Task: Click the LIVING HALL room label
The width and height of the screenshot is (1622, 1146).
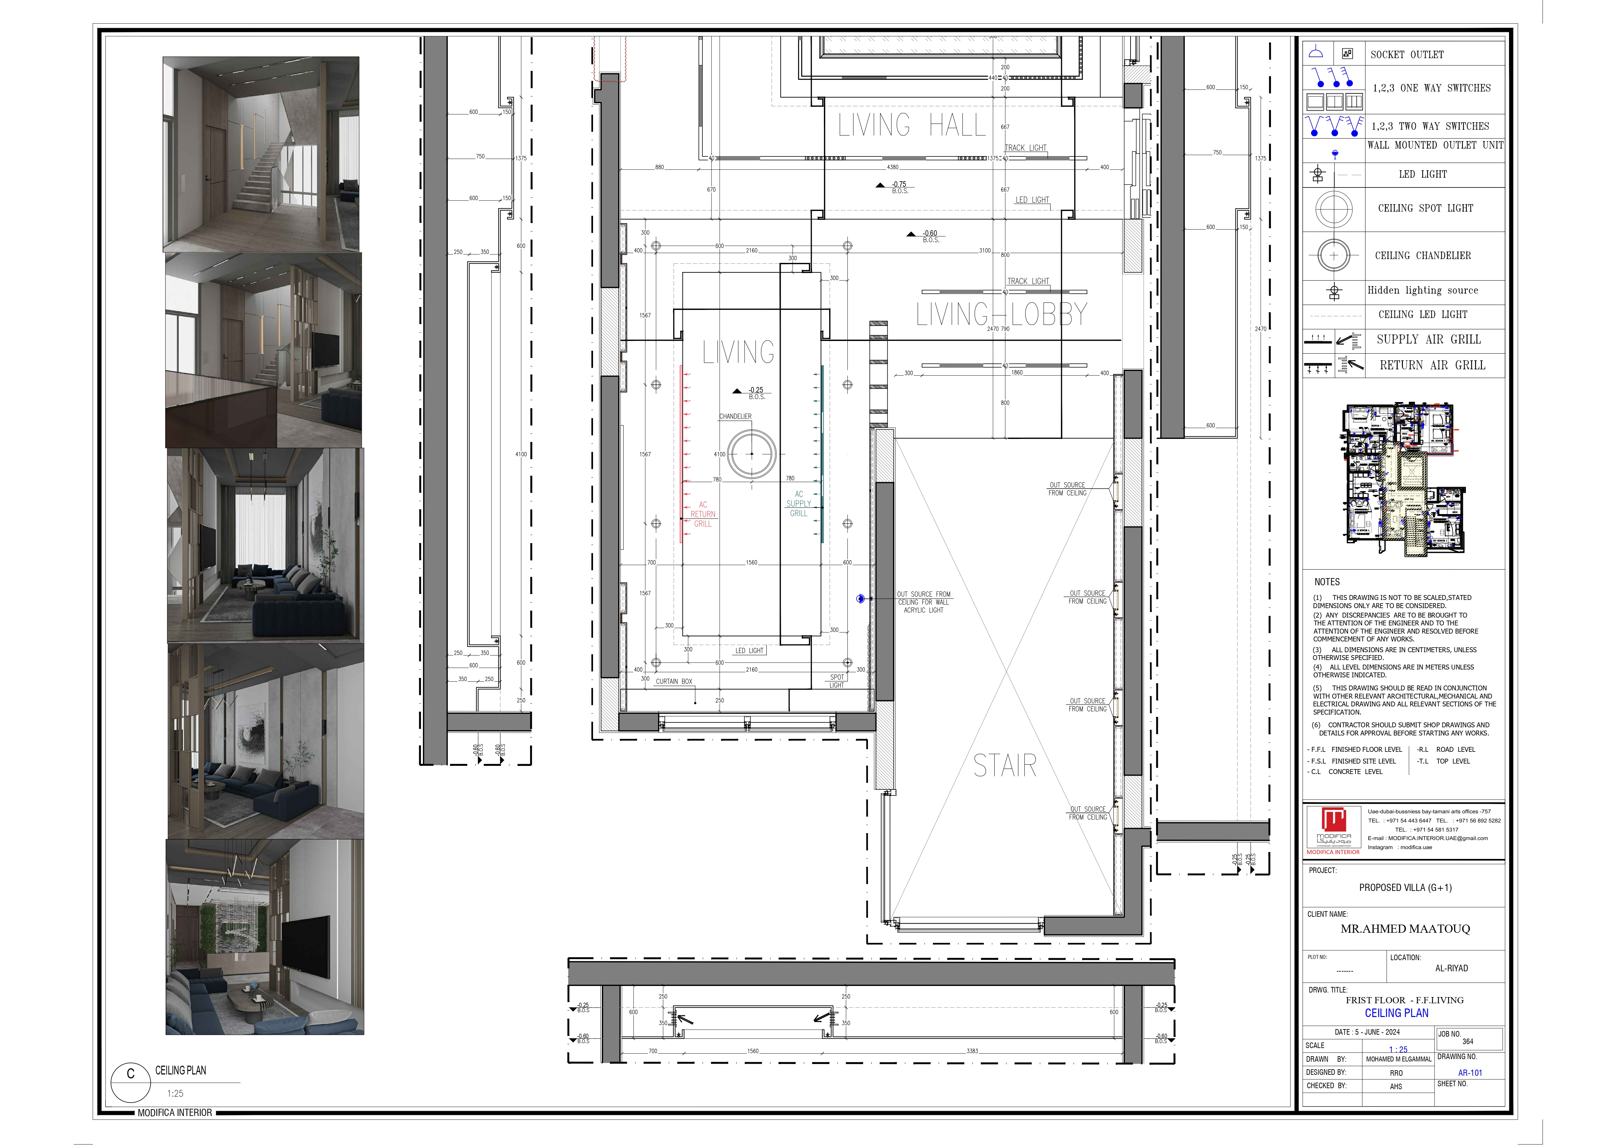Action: pyautogui.click(x=911, y=125)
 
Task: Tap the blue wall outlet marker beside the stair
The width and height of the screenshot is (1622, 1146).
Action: pyautogui.click(x=860, y=598)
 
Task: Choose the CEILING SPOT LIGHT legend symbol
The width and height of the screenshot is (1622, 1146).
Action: pyautogui.click(x=1334, y=209)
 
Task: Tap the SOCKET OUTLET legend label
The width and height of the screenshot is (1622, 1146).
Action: pyautogui.click(x=1406, y=55)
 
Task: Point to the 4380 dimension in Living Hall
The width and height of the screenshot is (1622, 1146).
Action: pyautogui.click(x=893, y=168)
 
